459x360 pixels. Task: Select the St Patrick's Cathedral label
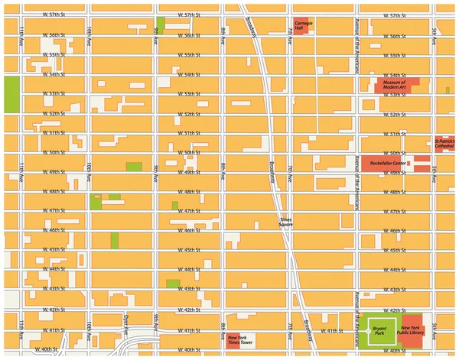pos(444,143)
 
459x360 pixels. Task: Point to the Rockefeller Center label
pos(387,164)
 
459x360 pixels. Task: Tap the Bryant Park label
pos(379,331)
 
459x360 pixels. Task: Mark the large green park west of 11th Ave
pos(11,95)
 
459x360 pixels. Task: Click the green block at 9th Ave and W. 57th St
pos(160,24)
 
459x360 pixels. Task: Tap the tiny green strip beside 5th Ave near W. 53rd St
pos(448,90)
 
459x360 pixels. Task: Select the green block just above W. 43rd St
pos(173,284)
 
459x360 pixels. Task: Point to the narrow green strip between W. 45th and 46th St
pos(115,239)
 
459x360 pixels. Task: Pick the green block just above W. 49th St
pos(134,167)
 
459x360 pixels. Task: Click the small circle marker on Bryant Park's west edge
pos(367,331)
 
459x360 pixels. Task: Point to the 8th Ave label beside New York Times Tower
pos(223,329)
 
